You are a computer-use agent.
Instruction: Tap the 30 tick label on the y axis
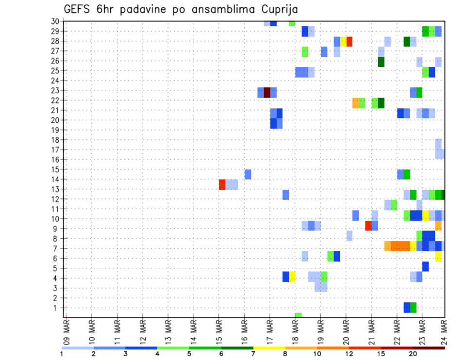[x=55, y=21]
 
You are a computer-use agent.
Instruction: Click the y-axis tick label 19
[x=55, y=130]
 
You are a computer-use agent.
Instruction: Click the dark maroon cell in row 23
[x=267, y=92]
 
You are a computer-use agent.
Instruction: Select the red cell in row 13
[x=222, y=184]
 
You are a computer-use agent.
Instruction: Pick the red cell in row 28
[x=349, y=42]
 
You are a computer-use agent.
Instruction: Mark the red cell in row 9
[x=368, y=226]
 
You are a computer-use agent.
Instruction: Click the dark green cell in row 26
[x=381, y=62]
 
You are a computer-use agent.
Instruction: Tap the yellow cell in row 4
[x=292, y=277]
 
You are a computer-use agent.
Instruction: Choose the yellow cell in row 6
[x=438, y=257]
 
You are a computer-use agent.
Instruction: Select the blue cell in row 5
[x=425, y=266]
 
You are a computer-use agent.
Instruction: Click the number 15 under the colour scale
[x=381, y=354]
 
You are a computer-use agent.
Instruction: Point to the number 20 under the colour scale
[x=413, y=354]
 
